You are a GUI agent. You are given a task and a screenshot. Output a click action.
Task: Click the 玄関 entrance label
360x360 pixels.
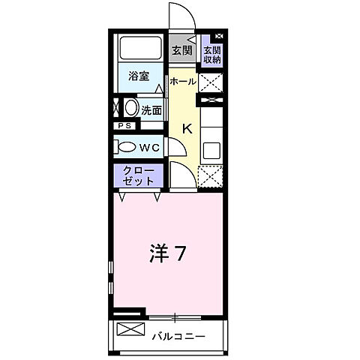181,51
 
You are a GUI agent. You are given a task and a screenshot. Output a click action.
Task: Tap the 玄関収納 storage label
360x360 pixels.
211,54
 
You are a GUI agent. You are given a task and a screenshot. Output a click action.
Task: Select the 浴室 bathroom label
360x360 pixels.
139,75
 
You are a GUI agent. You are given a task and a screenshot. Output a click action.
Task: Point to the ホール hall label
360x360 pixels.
183,80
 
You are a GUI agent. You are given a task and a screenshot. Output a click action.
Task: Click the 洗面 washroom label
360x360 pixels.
151,109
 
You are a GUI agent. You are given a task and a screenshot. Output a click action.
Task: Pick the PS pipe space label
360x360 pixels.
124,126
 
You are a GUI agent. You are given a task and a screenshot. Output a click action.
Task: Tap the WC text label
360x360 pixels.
149,147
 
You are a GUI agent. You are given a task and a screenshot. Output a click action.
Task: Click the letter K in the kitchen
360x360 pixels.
187,127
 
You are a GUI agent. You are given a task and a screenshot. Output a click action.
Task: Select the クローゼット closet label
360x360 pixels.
140,175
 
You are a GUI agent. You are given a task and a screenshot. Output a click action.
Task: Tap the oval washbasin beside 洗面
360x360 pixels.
130,108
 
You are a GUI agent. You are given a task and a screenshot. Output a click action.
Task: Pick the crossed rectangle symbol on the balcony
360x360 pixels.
129,330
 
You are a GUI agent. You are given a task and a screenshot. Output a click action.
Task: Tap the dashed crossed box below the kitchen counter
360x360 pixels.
211,177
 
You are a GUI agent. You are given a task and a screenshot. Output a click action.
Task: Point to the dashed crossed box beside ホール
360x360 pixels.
211,80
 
